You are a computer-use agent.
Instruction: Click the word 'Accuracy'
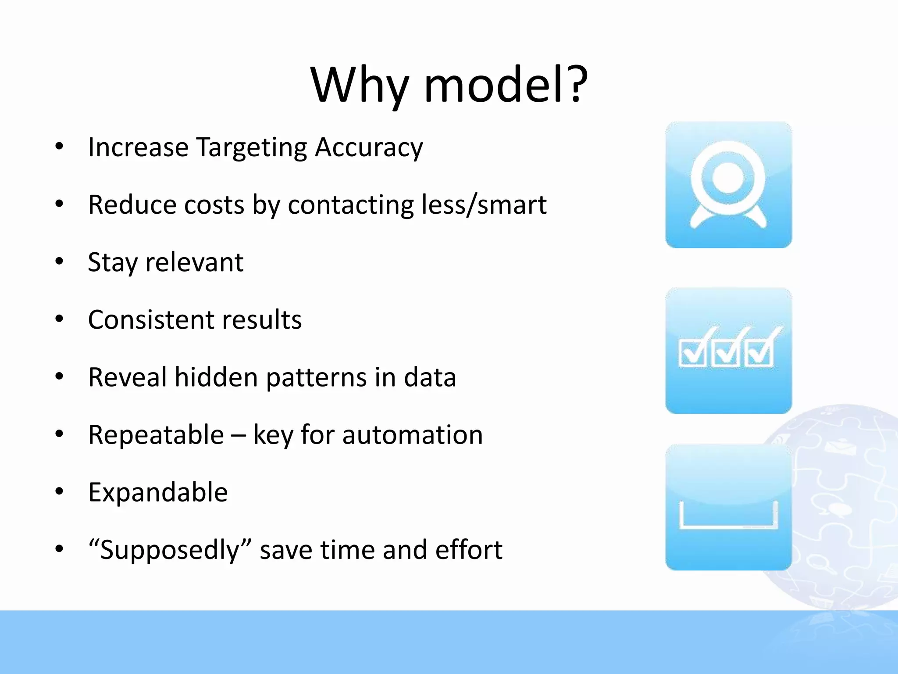pyautogui.click(x=369, y=147)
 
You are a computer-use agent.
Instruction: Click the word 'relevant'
pyautogui.click(x=194, y=262)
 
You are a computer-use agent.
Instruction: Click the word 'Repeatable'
pyautogui.click(x=156, y=435)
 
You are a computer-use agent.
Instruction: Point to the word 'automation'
pyautogui.click(x=412, y=435)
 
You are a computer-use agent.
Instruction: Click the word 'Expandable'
pyautogui.click(x=158, y=492)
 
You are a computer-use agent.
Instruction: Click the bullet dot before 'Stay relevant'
pyautogui.click(x=60, y=262)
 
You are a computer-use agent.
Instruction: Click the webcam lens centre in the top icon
pyautogui.click(x=728, y=178)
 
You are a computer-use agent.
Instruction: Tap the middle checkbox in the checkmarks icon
pyautogui.click(x=726, y=354)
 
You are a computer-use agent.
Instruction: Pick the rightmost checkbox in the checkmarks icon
pyautogui.click(x=760, y=354)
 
